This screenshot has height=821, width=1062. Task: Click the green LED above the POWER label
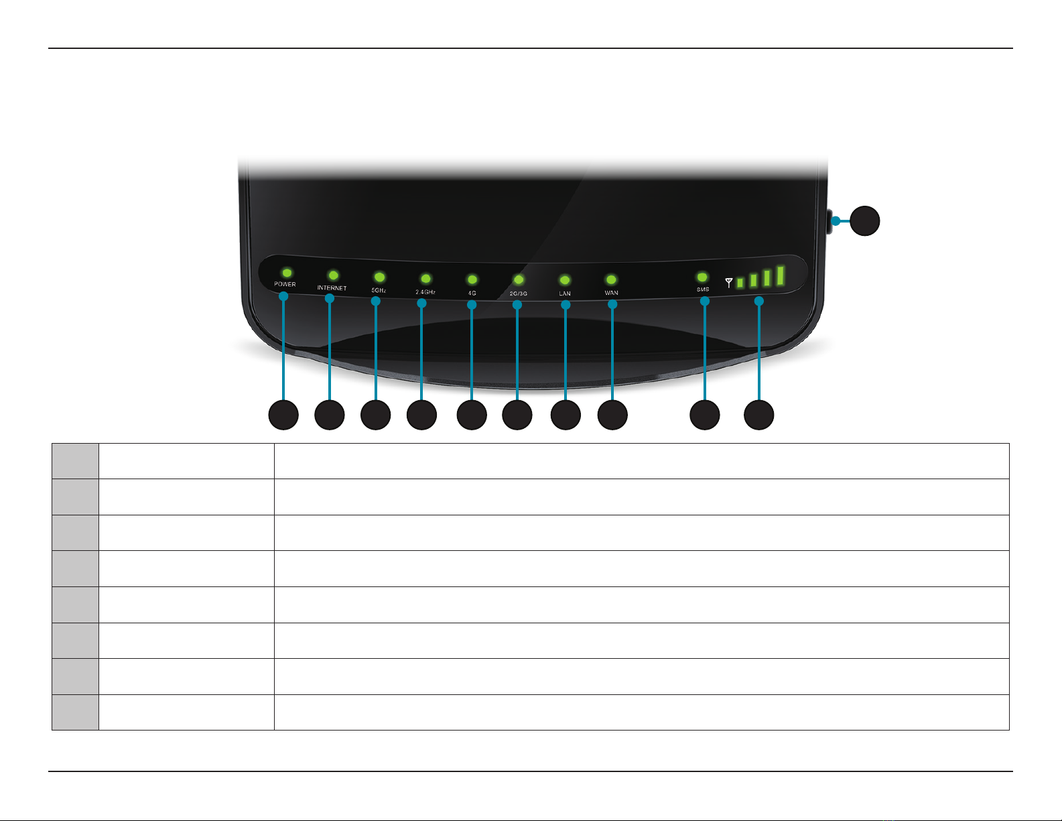pos(287,273)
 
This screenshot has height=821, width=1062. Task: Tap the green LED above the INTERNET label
pos(333,275)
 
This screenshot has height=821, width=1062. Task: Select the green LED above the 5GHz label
pos(379,277)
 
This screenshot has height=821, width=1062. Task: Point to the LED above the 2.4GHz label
pos(425,278)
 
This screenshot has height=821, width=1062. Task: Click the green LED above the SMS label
pos(702,277)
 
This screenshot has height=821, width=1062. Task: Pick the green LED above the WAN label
pos(611,279)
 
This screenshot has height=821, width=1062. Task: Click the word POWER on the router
pos(285,284)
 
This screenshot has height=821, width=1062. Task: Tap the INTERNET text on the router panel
pos(332,288)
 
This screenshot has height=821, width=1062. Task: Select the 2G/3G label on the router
pos(518,294)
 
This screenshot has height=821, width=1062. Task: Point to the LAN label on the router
pos(565,294)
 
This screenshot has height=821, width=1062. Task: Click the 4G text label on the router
pos(472,294)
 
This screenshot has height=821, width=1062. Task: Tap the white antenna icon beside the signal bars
pos(729,283)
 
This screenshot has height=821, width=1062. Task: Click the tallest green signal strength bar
pos(780,275)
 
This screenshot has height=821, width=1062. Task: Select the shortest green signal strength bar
pos(740,283)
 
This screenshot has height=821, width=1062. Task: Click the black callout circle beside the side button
pos(865,220)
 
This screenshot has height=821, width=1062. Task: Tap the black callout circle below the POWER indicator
pos(283,415)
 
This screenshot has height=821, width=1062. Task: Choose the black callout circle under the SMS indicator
pos(705,415)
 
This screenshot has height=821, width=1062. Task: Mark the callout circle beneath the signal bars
pos(759,415)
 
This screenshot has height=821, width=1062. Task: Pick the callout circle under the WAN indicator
pos(612,415)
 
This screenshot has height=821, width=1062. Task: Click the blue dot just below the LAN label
pos(566,305)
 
